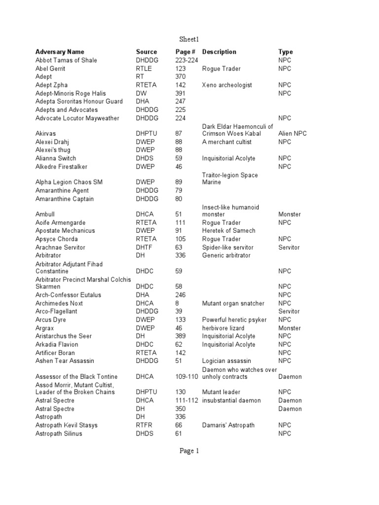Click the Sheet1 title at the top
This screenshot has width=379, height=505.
tap(189, 39)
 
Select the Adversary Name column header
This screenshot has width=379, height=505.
tap(60, 52)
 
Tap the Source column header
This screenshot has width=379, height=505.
tap(147, 52)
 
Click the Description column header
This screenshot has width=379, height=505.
tap(219, 52)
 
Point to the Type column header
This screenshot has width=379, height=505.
tap(285, 52)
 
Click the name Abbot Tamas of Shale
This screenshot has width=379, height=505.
tap(66, 60)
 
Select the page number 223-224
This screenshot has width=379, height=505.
tap(187, 60)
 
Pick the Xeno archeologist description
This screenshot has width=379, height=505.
tap(227, 85)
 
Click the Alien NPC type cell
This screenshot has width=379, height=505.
tap(292, 134)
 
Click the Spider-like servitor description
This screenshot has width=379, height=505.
tap(227, 247)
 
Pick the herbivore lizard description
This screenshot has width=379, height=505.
tap(224, 328)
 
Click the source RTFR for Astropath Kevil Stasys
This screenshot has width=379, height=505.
tap(145, 425)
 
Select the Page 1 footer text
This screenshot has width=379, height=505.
tap(189, 450)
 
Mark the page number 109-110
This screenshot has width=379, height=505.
tap(187, 377)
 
